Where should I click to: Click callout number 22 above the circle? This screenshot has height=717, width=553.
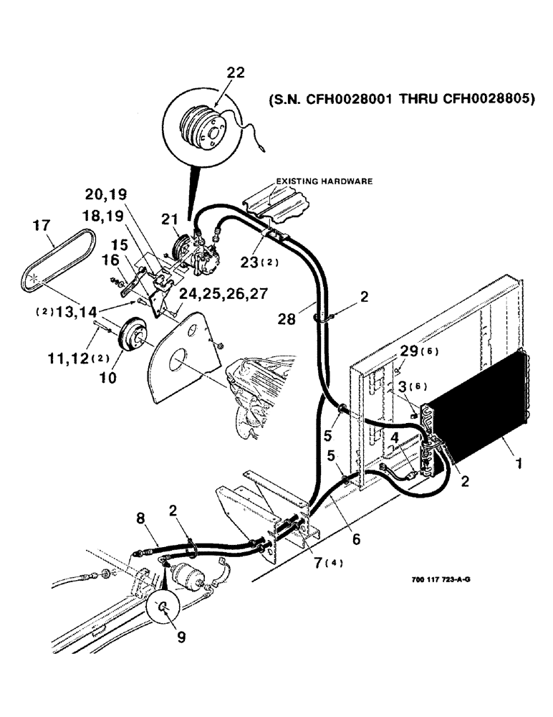click(236, 73)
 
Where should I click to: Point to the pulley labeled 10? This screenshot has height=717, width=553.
click(132, 337)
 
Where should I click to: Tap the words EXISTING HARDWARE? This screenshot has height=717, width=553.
click(322, 182)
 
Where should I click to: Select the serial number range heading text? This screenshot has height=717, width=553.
click(400, 100)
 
